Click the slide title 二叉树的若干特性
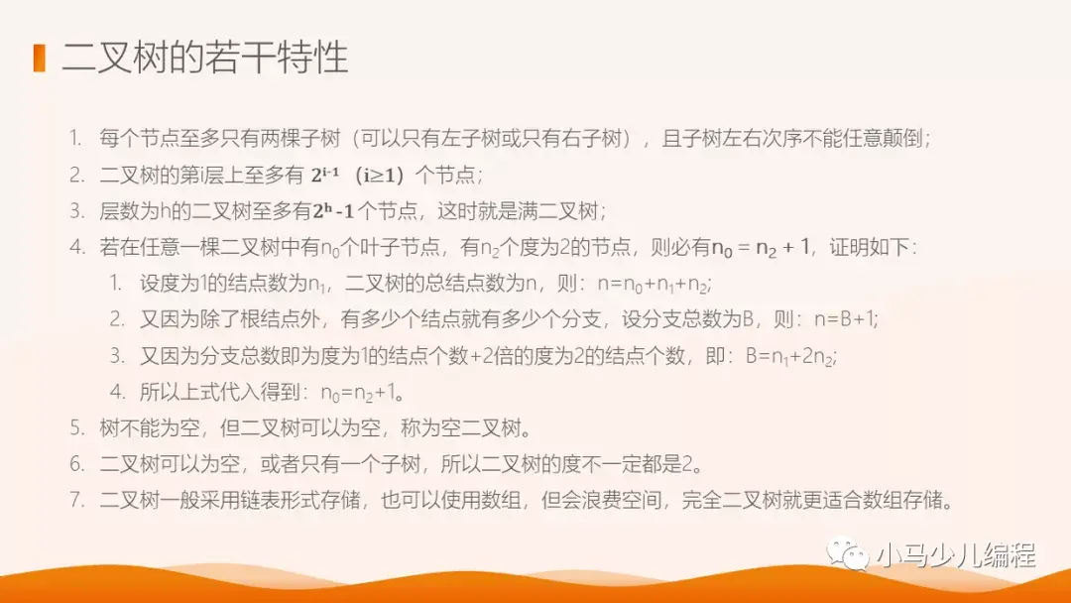click(205, 59)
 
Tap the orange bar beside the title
click(40, 58)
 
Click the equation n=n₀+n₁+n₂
click(654, 285)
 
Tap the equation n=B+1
click(844, 319)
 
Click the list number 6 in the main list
click(76, 464)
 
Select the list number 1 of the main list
click(76, 139)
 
